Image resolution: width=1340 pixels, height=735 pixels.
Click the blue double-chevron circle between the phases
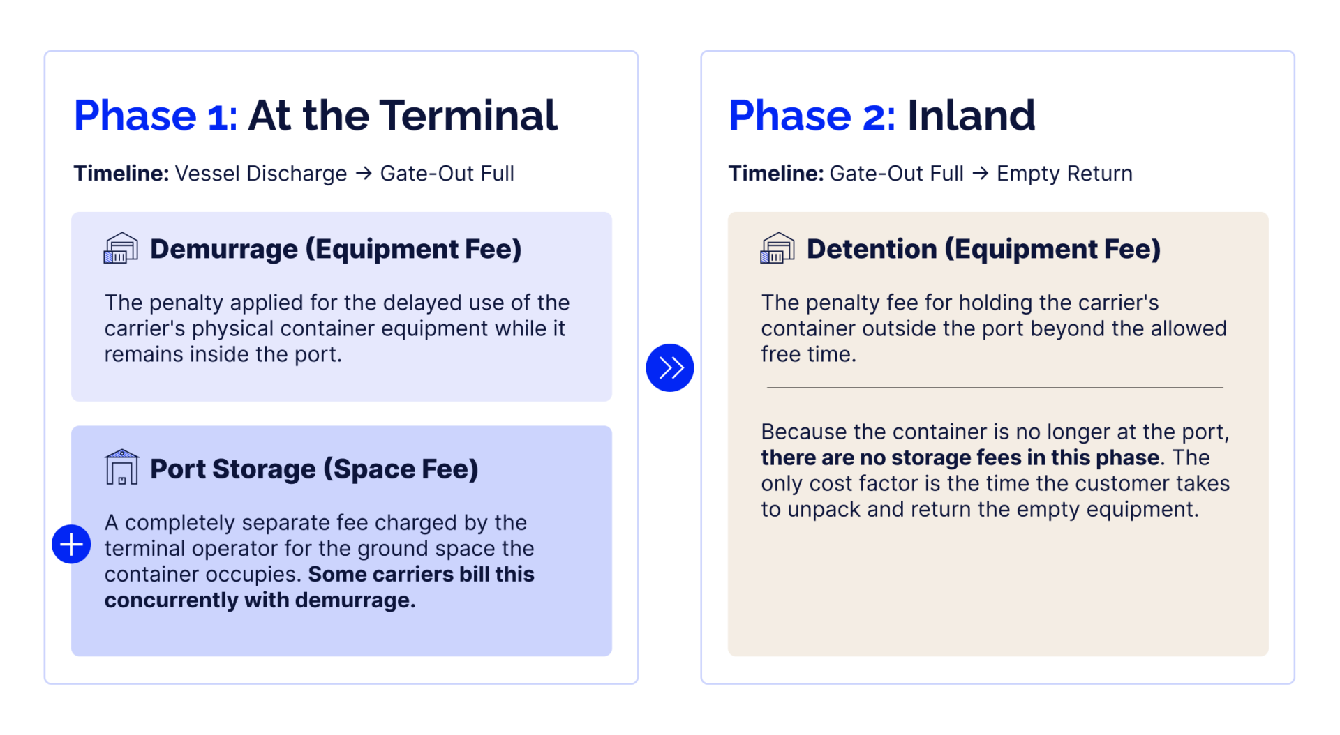click(x=669, y=367)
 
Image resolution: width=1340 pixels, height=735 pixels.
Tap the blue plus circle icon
click(x=71, y=544)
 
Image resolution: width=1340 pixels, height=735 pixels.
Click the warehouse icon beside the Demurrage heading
click(x=121, y=248)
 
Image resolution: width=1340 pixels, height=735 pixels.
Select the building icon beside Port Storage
click(x=121, y=467)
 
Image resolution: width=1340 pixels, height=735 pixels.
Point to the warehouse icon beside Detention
click(x=777, y=248)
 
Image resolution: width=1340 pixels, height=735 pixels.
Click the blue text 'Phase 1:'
click(x=156, y=115)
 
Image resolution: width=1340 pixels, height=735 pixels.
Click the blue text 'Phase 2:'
click(x=812, y=115)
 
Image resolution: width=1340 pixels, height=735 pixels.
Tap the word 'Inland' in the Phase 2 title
click(x=971, y=115)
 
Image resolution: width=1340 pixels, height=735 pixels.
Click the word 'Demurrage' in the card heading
click(x=223, y=250)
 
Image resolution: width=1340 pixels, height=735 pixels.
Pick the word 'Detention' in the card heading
click(x=872, y=249)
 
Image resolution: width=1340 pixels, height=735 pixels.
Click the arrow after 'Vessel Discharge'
click(x=364, y=173)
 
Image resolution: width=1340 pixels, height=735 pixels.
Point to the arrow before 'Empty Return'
click(x=981, y=173)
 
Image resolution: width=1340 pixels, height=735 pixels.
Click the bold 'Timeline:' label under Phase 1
click(x=121, y=173)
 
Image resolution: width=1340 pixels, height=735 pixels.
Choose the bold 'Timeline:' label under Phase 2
click(x=776, y=173)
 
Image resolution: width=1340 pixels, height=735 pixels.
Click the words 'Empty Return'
click(x=1064, y=174)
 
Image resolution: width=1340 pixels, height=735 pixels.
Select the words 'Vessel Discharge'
click(x=261, y=174)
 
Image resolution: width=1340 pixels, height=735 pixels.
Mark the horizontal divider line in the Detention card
click(x=995, y=387)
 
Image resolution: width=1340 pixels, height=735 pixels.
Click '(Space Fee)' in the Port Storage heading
click(x=401, y=469)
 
